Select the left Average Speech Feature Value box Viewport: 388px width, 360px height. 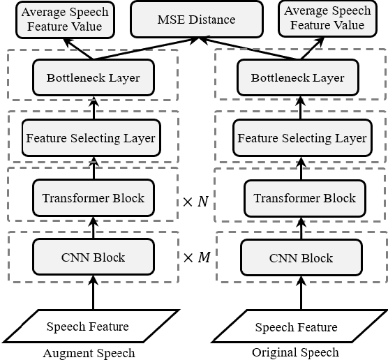coord(66,19)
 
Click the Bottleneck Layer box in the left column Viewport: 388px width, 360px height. coord(92,77)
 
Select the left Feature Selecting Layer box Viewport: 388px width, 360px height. coord(91,137)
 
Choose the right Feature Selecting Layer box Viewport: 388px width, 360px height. coord(301,138)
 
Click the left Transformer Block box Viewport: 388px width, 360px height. coord(93,197)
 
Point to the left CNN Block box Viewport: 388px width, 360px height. coord(93,257)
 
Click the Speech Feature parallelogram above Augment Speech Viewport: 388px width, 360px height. coord(87,326)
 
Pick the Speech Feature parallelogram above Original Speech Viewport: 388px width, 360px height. coord(296,327)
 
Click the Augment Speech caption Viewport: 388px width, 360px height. coord(88,352)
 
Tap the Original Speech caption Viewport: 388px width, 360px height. coord(297,352)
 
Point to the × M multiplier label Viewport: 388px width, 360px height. coord(196,257)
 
